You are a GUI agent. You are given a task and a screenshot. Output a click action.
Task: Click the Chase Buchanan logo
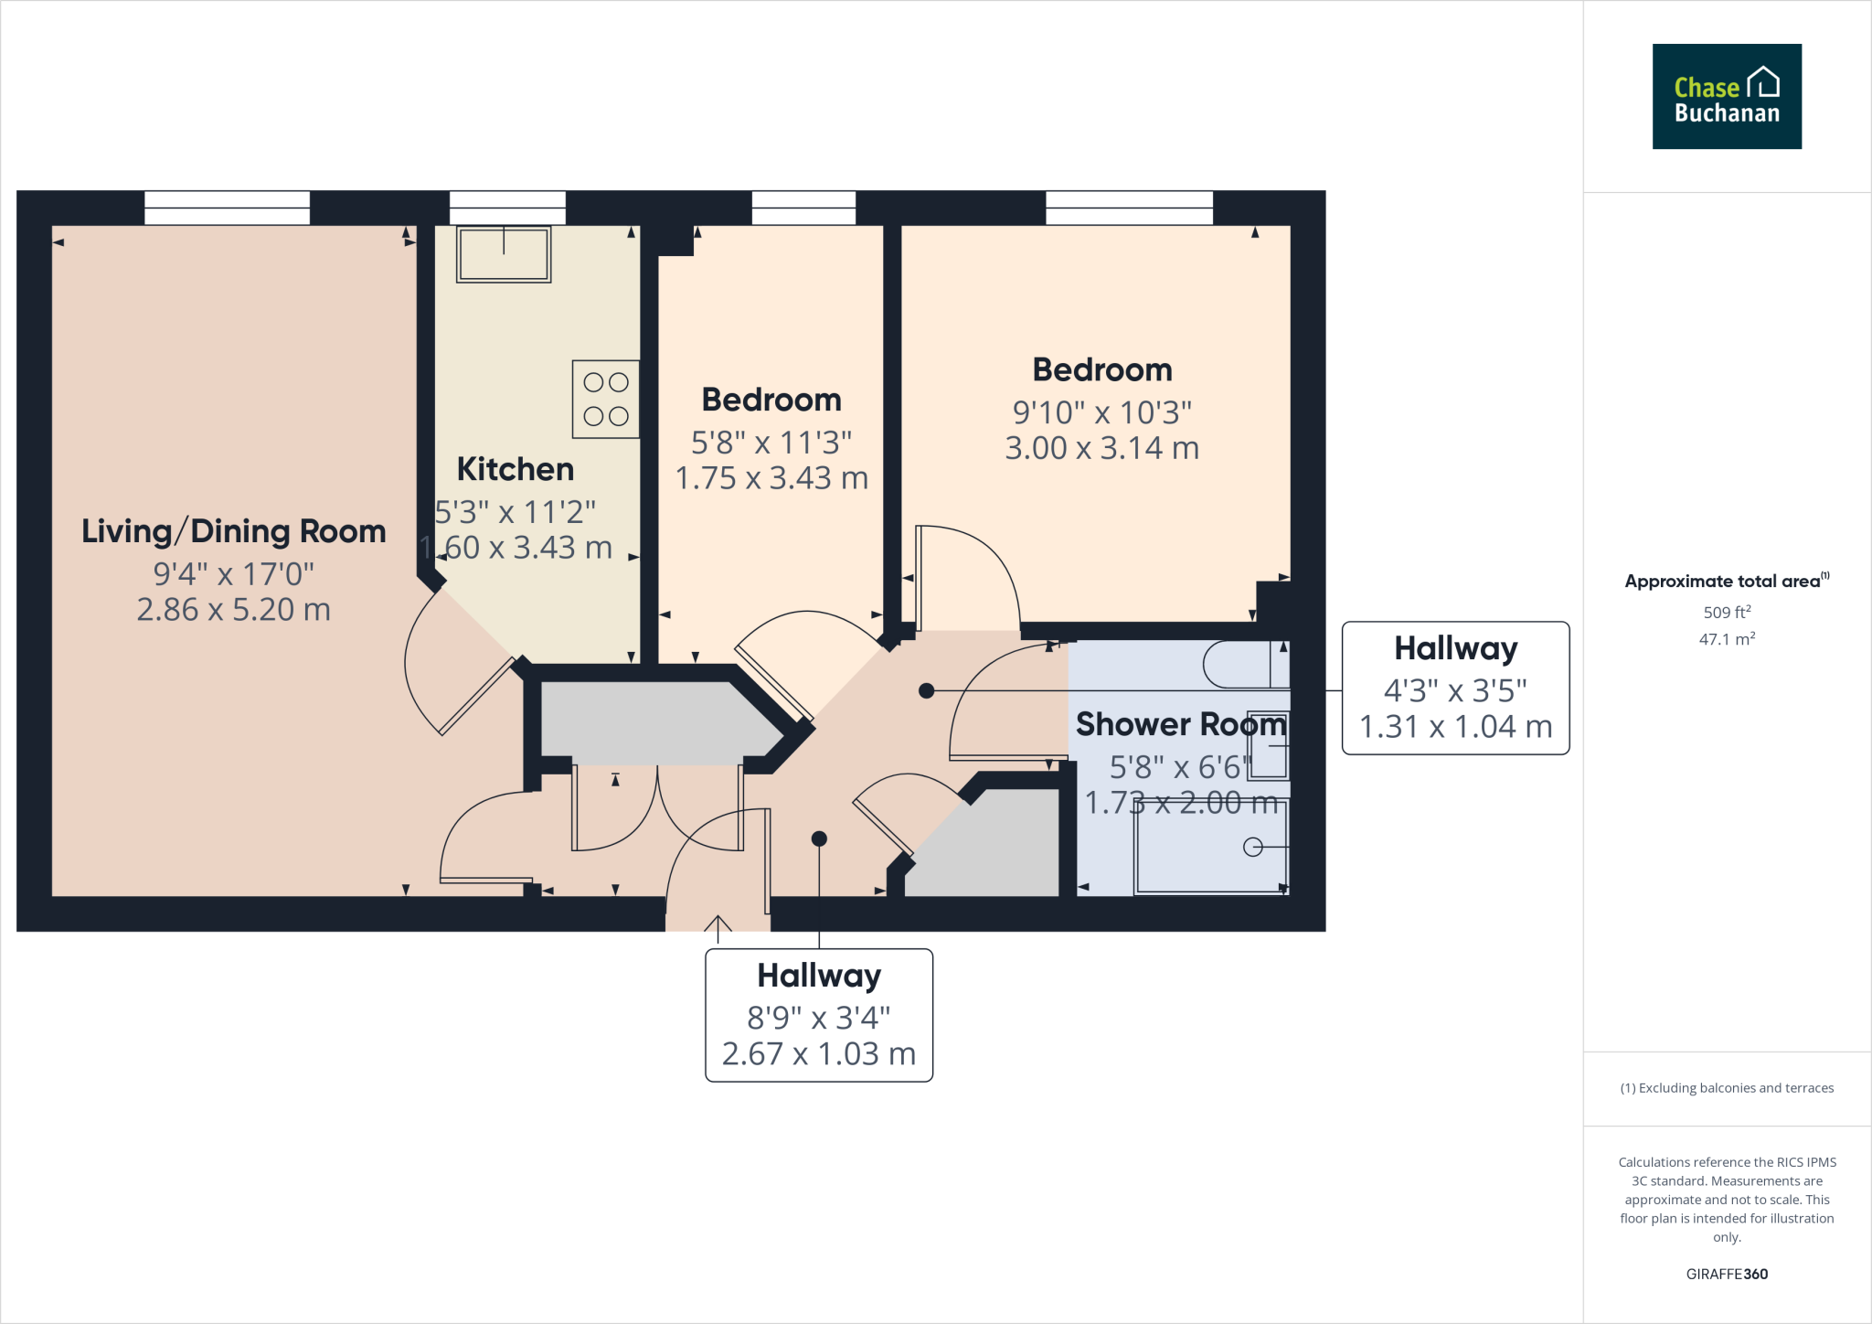pyautogui.click(x=1726, y=96)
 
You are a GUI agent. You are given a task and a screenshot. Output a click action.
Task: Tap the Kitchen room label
pyautogui.click(x=516, y=469)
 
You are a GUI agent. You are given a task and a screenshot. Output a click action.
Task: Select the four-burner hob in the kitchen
pyautogui.click(x=605, y=400)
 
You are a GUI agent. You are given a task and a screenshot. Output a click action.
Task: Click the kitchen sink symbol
pyautogui.click(x=504, y=253)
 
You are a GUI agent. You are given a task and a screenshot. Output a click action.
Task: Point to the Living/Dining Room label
pyautogui.click(x=233, y=531)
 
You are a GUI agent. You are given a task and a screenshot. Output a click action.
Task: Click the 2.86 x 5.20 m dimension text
pyautogui.click(x=233, y=610)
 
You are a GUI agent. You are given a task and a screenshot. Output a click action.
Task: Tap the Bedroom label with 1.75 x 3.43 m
pyautogui.click(x=771, y=400)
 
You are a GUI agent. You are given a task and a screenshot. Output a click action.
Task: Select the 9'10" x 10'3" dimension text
pyautogui.click(x=1101, y=412)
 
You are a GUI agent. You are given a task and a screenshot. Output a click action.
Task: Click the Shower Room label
pyautogui.click(x=1180, y=724)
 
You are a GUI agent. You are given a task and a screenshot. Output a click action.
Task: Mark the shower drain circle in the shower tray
pyautogui.click(x=1252, y=848)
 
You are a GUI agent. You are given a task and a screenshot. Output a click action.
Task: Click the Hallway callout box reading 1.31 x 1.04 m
pyautogui.click(x=1455, y=689)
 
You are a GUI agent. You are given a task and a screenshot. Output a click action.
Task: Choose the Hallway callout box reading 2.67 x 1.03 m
pyautogui.click(x=819, y=1015)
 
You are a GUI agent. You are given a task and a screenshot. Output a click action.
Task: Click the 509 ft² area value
pyautogui.click(x=1727, y=613)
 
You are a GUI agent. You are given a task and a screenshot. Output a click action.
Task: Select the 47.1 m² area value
pyautogui.click(x=1727, y=639)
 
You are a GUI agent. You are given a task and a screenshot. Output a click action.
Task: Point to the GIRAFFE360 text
pyautogui.click(x=1727, y=1274)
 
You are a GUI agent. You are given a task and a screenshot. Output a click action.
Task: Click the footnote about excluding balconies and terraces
pyautogui.click(x=1727, y=1088)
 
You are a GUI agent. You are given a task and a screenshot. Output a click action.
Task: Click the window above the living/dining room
pyautogui.click(x=227, y=208)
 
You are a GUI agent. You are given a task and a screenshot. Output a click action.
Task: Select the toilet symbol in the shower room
pyautogui.click(x=1243, y=666)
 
